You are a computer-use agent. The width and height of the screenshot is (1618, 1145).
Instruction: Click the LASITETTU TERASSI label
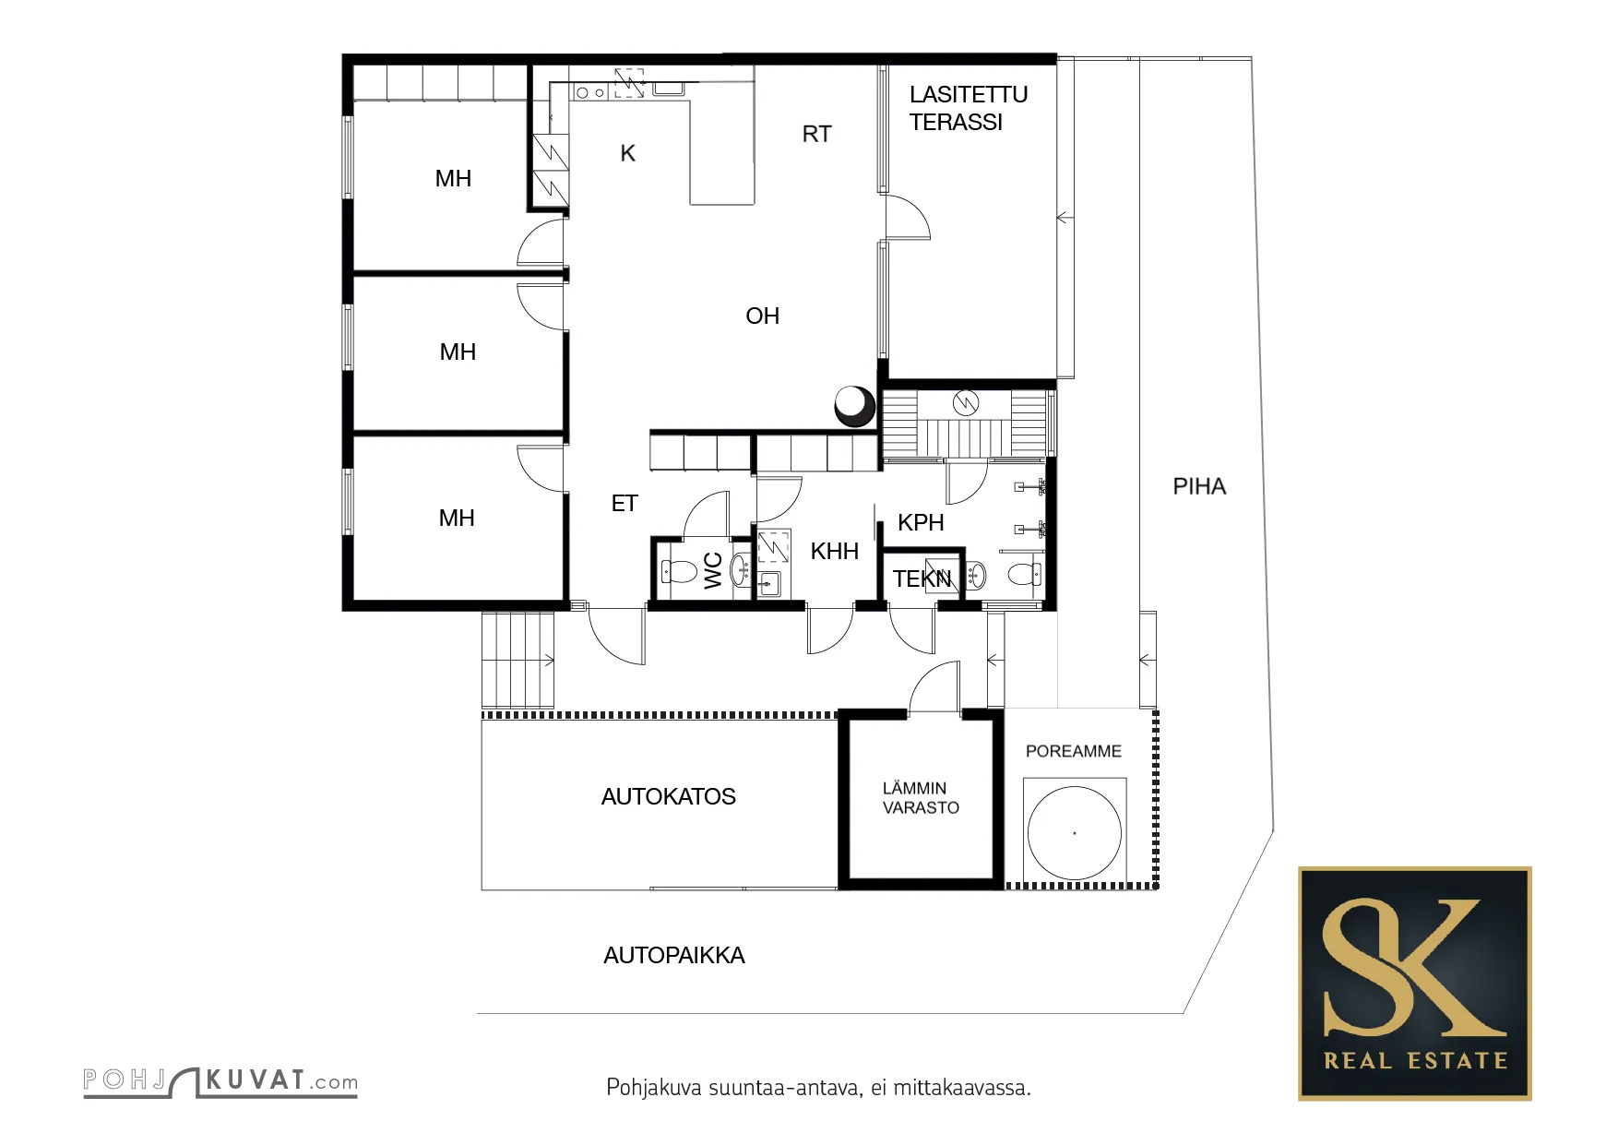[968, 108]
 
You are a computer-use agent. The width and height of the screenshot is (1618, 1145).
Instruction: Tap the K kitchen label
[627, 153]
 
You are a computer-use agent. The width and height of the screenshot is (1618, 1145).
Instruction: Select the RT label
[816, 134]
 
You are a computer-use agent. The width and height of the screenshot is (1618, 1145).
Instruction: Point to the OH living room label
[762, 316]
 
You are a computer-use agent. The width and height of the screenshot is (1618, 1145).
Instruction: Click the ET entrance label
[625, 503]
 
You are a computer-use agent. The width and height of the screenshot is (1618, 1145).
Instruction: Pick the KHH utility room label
[834, 551]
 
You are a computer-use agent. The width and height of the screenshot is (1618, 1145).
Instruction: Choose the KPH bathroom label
[921, 522]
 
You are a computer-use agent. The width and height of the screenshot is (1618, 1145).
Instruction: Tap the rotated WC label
[713, 570]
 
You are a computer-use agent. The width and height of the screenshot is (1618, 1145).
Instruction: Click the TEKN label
[922, 578]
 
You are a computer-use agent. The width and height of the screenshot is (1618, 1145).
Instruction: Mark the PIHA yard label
[1199, 486]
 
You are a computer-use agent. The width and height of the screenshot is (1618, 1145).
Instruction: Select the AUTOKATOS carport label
[668, 796]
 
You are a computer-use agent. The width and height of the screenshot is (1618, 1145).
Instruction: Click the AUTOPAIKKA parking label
[673, 955]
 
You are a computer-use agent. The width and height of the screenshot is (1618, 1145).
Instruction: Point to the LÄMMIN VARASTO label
[921, 798]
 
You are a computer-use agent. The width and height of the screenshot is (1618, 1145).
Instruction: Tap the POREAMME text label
[1074, 751]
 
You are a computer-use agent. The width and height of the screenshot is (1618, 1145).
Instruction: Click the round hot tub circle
[1075, 786]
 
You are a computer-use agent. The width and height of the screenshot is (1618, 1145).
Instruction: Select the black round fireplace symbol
[854, 405]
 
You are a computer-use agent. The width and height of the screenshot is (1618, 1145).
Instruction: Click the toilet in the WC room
[679, 572]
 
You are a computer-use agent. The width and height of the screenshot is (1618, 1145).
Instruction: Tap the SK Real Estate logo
[1414, 983]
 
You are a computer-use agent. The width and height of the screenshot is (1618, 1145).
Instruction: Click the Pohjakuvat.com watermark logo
[220, 1081]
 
